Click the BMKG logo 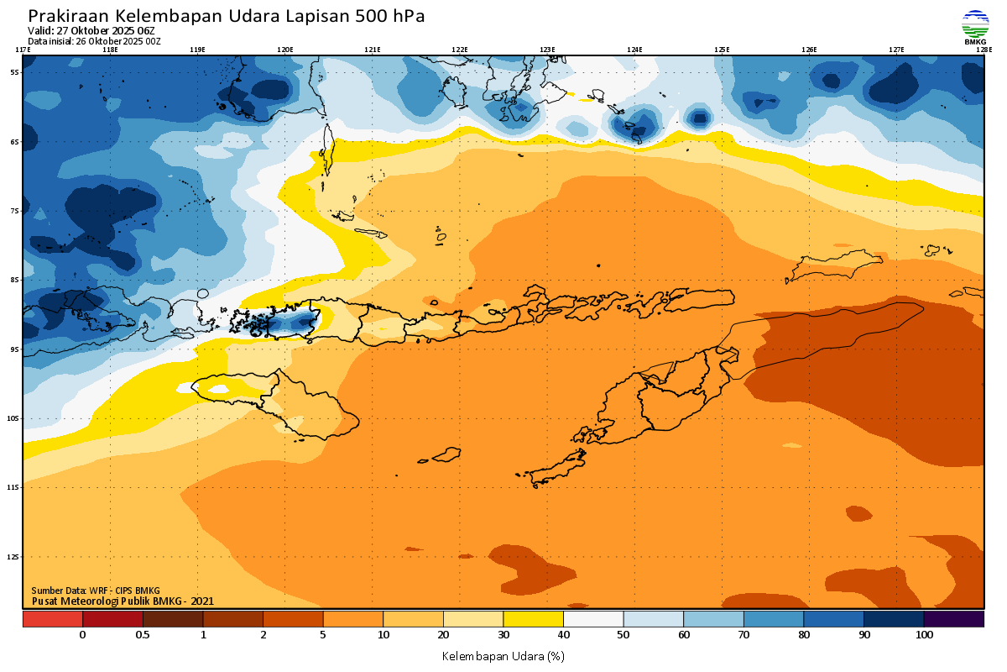click(x=974, y=25)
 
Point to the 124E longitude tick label click(x=634, y=50)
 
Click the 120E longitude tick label click(x=285, y=50)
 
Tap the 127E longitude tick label click(x=896, y=50)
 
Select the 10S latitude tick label click(x=14, y=418)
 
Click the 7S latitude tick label click(x=14, y=211)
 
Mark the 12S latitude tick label click(x=14, y=557)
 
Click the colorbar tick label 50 click(x=624, y=635)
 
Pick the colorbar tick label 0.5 click(x=143, y=635)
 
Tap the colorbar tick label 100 click(x=924, y=635)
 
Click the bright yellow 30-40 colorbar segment click(x=534, y=619)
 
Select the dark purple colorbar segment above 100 click(x=953, y=619)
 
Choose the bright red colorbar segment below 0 click(x=53, y=619)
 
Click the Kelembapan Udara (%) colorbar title click(x=503, y=655)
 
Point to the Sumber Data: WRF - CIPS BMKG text click(x=96, y=591)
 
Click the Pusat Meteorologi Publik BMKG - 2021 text click(x=123, y=601)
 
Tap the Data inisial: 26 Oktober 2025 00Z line click(x=94, y=40)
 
